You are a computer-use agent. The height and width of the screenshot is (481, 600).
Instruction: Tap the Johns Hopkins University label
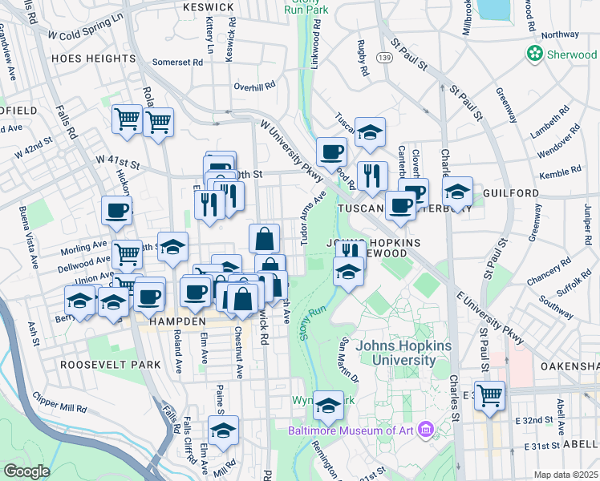[x=403, y=353]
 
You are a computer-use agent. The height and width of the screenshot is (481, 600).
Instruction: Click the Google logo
[x=26, y=471]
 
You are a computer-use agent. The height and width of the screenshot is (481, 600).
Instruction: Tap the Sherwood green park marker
[x=535, y=53]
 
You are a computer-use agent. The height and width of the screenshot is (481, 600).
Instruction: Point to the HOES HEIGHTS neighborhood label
[x=93, y=59]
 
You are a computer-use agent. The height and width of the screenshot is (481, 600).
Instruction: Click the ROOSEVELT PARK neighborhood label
[x=111, y=364]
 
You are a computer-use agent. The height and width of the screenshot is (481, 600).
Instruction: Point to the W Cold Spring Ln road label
[x=86, y=26]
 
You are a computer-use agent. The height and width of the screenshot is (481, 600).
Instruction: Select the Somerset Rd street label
[x=178, y=62]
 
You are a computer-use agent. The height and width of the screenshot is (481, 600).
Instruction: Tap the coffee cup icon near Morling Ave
[x=116, y=211]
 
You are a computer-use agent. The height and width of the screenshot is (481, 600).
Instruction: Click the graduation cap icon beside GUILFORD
[x=457, y=192]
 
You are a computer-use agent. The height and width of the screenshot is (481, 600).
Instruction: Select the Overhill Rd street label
[x=254, y=84]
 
